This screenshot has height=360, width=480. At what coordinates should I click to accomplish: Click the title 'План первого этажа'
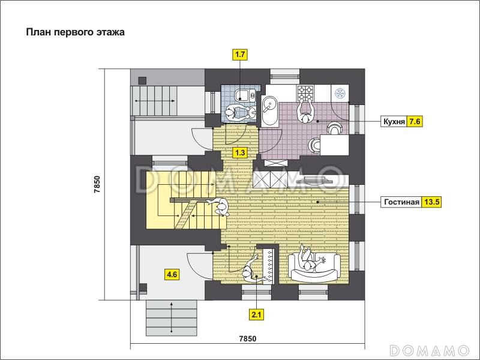76,32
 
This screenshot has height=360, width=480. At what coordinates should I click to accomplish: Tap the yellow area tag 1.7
240,55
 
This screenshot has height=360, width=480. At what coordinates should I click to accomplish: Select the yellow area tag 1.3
240,152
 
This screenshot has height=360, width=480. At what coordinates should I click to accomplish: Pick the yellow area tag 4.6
172,274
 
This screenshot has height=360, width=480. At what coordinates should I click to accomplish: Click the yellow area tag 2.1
257,314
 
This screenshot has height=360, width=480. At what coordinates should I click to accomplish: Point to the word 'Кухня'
394,122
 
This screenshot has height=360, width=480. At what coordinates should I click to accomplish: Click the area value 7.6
415,122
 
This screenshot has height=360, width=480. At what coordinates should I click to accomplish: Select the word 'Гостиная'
401,202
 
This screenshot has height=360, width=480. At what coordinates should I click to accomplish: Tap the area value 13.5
431,202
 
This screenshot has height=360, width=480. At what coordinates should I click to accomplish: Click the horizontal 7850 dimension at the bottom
248,338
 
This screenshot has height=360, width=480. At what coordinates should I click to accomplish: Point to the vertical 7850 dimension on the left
97,184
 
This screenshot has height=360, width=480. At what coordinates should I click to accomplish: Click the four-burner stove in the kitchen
305,93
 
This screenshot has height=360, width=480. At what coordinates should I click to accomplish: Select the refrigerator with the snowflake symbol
340,94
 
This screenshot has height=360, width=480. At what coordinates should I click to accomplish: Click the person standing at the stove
305,112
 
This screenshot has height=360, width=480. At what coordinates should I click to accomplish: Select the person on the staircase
219,207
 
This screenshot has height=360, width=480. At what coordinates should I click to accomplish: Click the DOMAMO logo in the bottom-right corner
430,350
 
